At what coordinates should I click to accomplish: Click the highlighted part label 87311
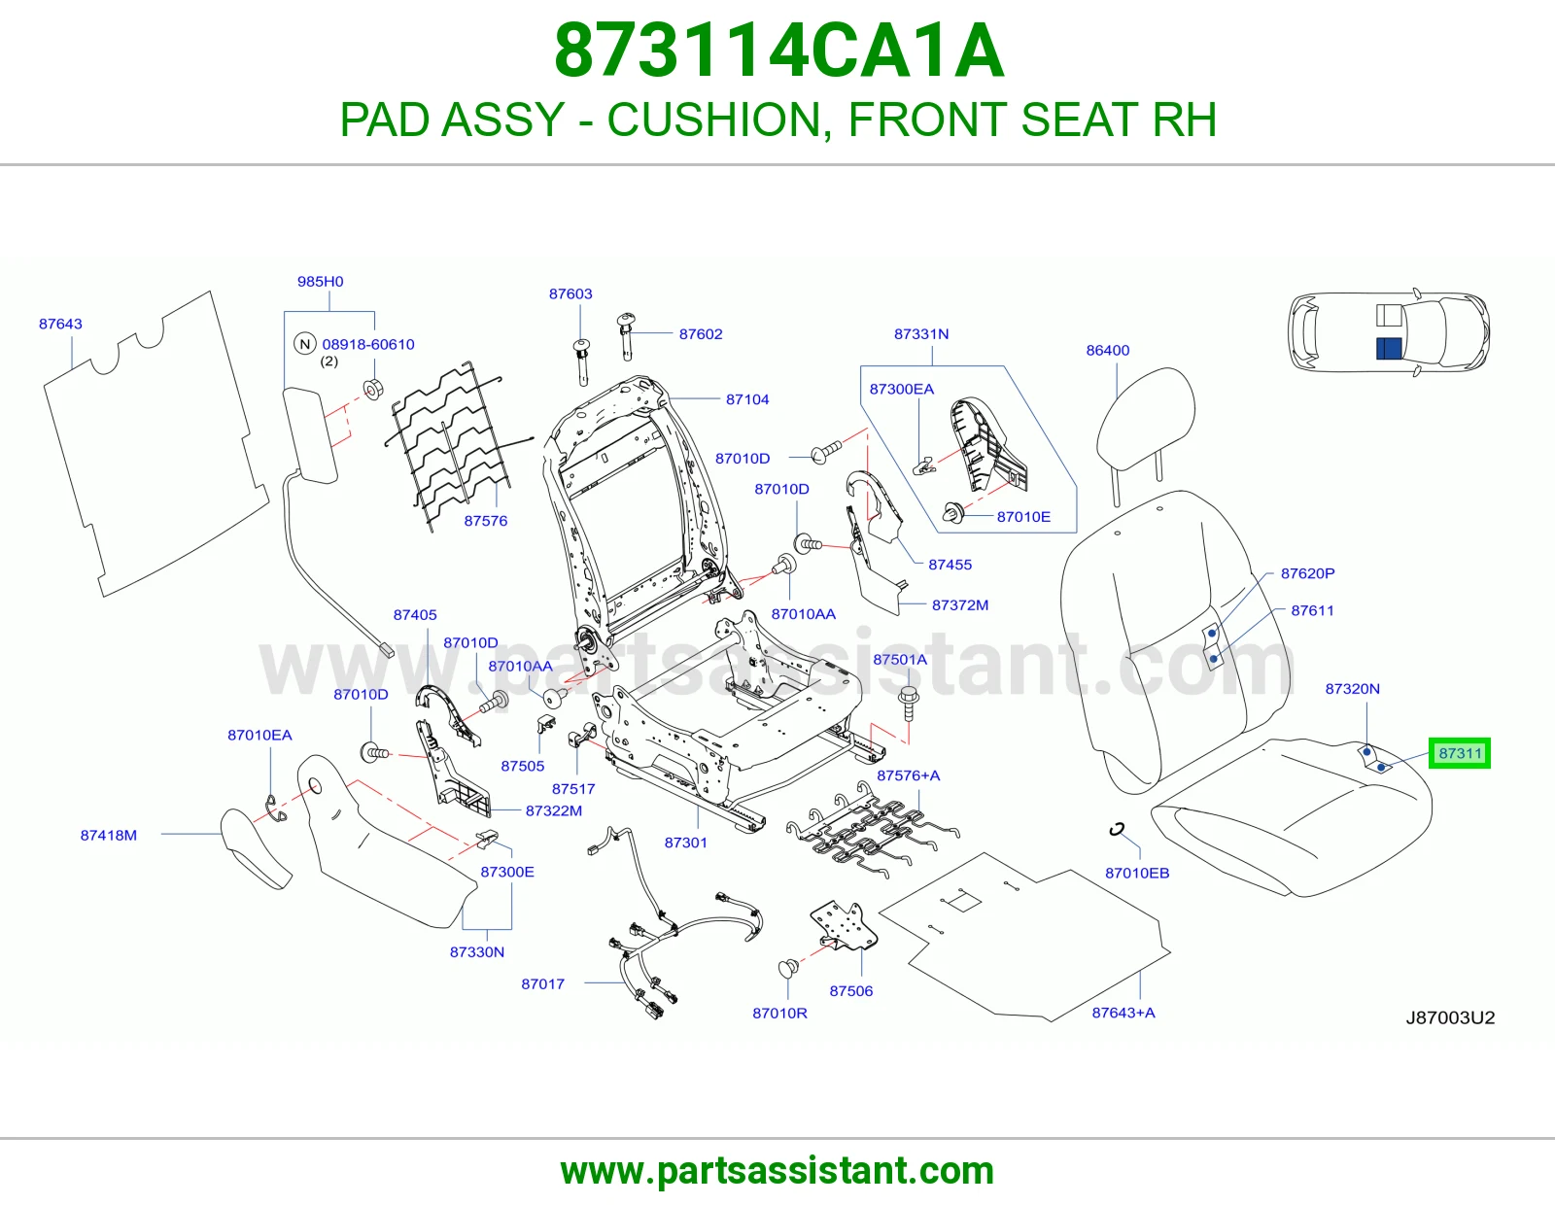click(1459, 753)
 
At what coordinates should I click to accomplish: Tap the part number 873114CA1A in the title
click(779, 51)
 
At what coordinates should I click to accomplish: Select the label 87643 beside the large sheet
click(60, 324)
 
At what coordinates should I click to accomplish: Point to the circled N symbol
click(305, 343)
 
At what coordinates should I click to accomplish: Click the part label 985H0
click(320, 281)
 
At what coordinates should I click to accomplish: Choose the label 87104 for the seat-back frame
click(747, 399)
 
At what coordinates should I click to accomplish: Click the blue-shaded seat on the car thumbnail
click(1389, 349)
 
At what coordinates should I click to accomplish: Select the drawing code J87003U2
click(1450, 1017)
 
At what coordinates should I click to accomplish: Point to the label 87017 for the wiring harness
click(542, 983)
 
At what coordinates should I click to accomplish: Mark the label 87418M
click(108, 835)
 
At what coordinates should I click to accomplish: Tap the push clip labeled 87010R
click(788, 969)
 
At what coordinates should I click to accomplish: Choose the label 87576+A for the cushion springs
click(908, 775)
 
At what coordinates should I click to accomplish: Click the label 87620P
click(1307, 573)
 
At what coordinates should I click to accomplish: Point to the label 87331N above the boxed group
click(921, 333)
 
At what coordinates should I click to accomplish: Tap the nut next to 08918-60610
click(373, 390)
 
